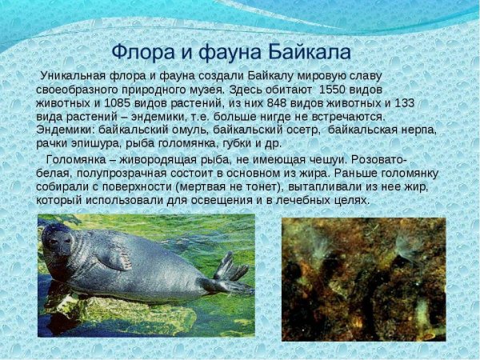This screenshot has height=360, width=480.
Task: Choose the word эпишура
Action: pos(101,143)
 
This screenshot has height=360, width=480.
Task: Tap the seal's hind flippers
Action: pos(230,276)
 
